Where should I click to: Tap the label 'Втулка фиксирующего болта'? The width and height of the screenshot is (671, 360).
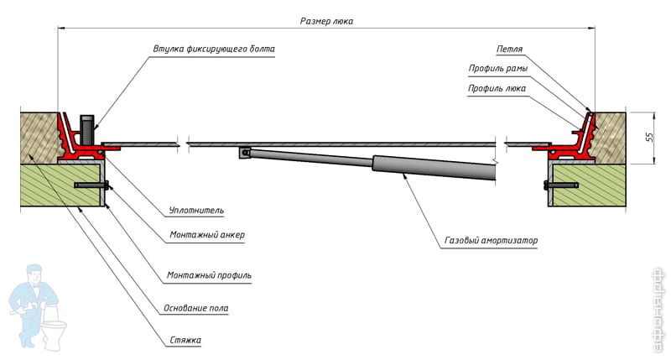pyautogui.click(x=214, y=49)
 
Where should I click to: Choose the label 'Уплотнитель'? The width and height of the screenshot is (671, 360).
pyautogui.click(x=195, y=210)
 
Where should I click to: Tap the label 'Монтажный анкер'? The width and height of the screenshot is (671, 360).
pyautogui.click(x=207, y=235)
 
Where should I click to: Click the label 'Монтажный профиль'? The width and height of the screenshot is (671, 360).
pyautogui.click(x=209, y=275)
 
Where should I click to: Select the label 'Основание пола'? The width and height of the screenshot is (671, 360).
pyautogui.click(x=197, y=308)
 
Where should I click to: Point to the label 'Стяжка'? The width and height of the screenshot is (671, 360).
pyautogui.click(x=184, y=341)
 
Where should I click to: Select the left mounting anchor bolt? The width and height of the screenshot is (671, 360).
pyautogui.click(x=91, y=185)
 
